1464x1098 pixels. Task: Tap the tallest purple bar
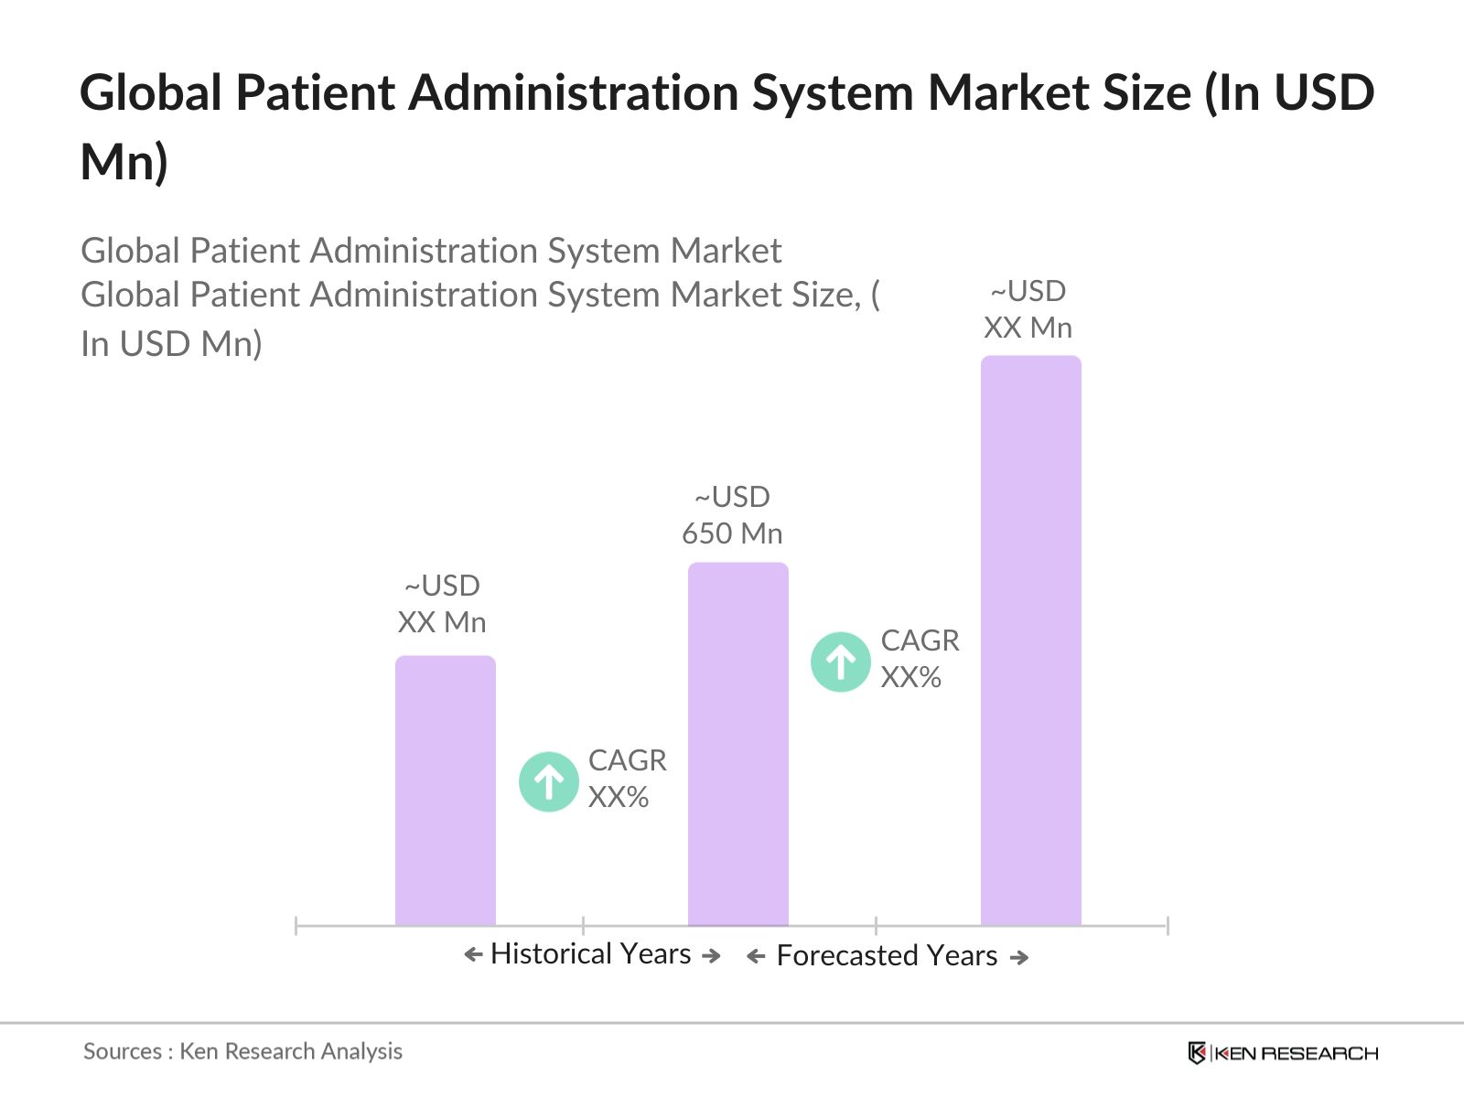click(x=1030, y=640)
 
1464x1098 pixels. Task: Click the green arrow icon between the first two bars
click(x=548, y=781)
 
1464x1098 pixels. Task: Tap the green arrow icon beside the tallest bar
click(x=840, y=662)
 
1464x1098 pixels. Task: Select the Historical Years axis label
click(x=591, y=953)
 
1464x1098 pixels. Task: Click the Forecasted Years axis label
click(x=887, y=955)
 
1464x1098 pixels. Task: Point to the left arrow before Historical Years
click(x=473, y=955)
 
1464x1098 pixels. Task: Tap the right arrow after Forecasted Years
click(x=1019, y=957)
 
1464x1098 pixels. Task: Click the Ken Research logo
click(x=1283, y=1053)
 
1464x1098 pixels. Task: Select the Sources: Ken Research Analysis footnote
click(x=242, y=1051)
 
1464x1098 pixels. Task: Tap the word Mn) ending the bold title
click(x=124, y=162)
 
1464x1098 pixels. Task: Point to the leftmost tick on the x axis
click(x=296, y=925)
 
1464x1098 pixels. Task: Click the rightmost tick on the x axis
click(x=1168, y=925)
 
